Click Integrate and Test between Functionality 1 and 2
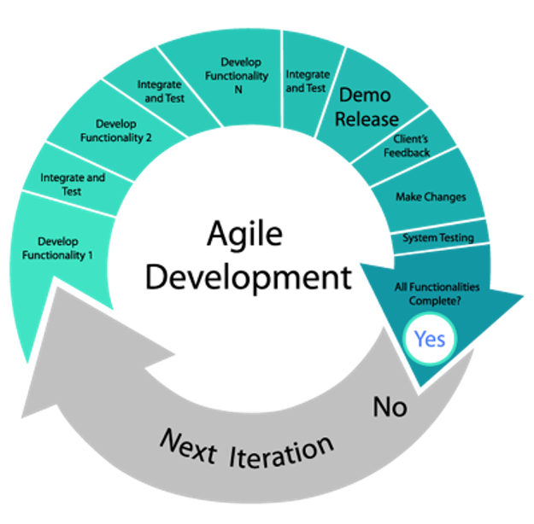[73, 184]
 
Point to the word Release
[366, 119]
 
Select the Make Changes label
[431, 197]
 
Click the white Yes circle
[429, 339]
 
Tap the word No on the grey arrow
[390, 407]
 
